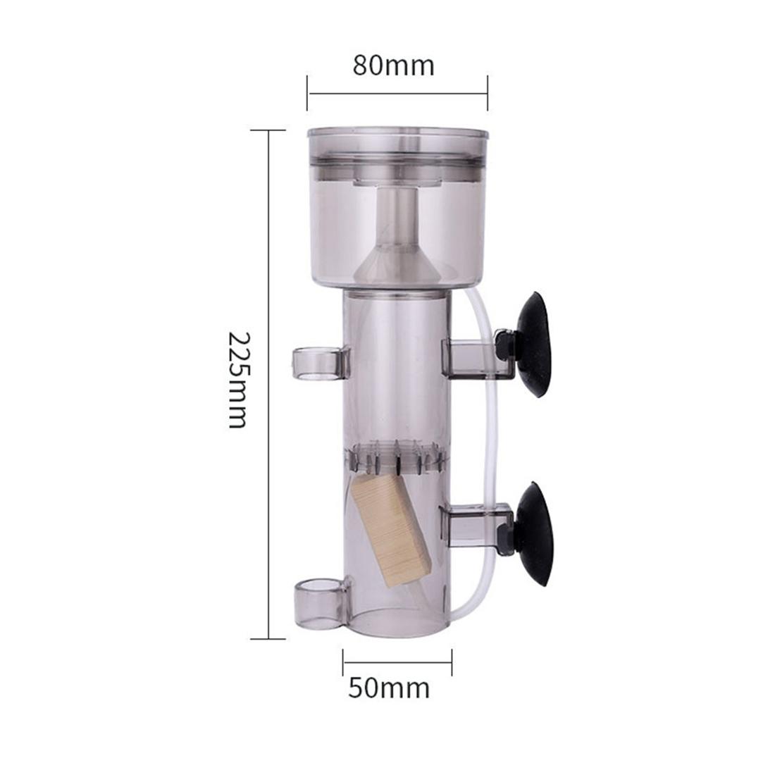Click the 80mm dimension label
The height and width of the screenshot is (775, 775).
coord(393,66)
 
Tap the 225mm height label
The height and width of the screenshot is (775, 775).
coord(237,380)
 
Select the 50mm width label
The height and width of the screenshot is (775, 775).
coord(389,688)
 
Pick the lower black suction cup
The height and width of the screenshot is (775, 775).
coord(538,534)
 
